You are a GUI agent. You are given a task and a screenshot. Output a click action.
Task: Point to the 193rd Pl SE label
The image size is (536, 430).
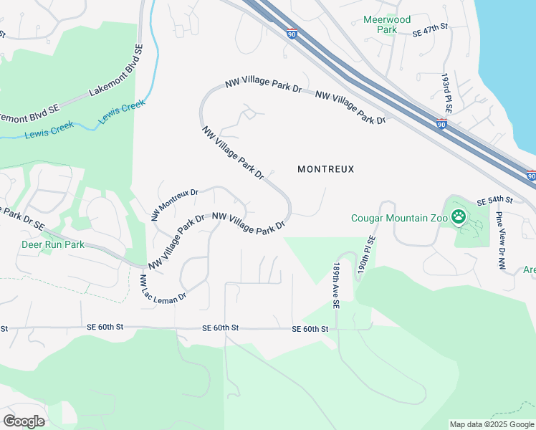pyautogui.click(x=447, y=93)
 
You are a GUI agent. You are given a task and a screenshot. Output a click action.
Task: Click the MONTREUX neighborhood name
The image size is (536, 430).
pyautogui.click(x=326, y=169)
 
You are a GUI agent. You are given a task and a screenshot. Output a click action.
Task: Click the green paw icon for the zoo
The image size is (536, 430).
pyautogui.click(x=457, y=216)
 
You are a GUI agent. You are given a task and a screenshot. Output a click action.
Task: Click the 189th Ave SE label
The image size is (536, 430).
pyautogui.click(x=335, y=285)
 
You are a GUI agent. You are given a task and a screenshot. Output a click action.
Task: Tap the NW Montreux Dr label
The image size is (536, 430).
pyautogui.click(x=175, y=204)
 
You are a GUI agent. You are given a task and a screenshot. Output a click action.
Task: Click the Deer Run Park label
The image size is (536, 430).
pyautogui.click(x=52, y=244)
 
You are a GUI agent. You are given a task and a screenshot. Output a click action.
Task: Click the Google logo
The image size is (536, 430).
pyautogui.click(x=24, y=421)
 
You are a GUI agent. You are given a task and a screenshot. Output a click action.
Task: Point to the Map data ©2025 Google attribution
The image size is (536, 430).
pyautogui.click(x=492, y=424)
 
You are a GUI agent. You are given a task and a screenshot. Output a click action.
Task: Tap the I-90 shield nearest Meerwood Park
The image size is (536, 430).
pyautogui.click(x=291, y=32)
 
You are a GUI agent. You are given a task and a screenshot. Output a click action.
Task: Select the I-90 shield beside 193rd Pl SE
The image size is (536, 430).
pyautogui.click(x=442, y=124)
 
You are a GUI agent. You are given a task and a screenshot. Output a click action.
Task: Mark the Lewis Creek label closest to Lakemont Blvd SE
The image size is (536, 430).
pyautogui.click(x=122, y=111)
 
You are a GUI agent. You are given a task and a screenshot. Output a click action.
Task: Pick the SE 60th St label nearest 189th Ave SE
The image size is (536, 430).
pyautogui.click(x=310, y=329)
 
